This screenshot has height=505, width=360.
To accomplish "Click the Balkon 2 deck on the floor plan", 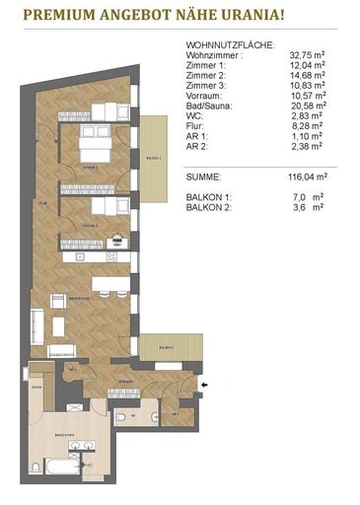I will click(160, 346).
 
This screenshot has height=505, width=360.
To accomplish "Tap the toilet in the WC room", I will click(120, 418).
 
